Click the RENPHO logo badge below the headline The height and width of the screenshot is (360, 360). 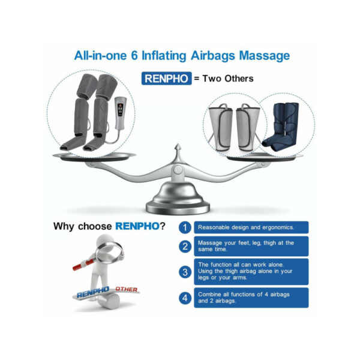click(x=166, y=79)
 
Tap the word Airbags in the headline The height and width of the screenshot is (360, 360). click(x=212, y=56)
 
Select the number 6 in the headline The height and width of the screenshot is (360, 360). click(x=134, y=56)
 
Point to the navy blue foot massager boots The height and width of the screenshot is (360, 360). click(x=281, y=127)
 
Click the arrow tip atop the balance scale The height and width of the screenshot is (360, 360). click(x=178, y=145)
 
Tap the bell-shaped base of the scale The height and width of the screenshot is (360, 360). click(x=178, y=199)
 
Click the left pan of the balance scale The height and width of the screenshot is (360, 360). click(x=94, y=156)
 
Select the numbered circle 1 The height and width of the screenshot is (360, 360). click(x=185, y=227)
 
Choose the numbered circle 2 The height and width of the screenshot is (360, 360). click(x=185, y=247)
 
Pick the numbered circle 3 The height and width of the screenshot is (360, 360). click(x=185, y=272)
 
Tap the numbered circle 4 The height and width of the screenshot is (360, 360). click(x=185, y=298)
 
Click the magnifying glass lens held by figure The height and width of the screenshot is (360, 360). click(x=110, y=252)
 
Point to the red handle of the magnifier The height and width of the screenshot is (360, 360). click(x=83, y=265)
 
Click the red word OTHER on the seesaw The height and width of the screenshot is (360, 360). click(x=126, y=289)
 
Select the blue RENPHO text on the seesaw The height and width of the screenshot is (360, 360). click(x=93, y=292)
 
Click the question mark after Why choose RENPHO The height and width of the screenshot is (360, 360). click(x=163, y=226)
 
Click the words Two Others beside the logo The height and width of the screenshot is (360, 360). click(x=228, y=79)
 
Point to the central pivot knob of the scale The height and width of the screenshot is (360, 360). click(x=178, y=170)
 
